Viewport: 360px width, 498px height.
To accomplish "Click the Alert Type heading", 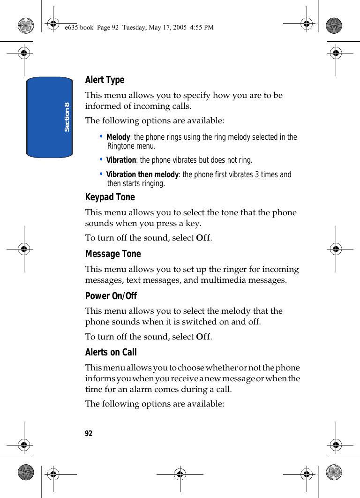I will point(105,80).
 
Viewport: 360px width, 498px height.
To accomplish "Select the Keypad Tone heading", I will point(110,197).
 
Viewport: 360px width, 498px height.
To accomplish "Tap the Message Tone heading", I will point(113,254).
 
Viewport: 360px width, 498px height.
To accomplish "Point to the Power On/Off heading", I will point(111,296).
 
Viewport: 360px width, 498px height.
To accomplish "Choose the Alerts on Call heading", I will point(111,353).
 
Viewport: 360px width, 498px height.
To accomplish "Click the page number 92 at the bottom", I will point(89,434).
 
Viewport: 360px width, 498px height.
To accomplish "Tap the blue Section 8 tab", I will point(50,117).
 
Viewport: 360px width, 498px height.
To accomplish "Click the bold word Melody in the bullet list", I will point(118,137).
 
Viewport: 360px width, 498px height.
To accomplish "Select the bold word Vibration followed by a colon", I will point(121,160).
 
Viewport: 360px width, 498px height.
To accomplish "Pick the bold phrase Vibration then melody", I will point(142,175).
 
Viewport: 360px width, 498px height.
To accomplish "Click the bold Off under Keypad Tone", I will point(203,238).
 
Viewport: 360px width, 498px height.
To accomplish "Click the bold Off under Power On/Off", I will point(203,337).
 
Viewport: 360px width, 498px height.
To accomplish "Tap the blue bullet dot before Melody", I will point(102,136).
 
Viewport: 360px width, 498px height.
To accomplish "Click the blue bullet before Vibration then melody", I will point(102,174).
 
